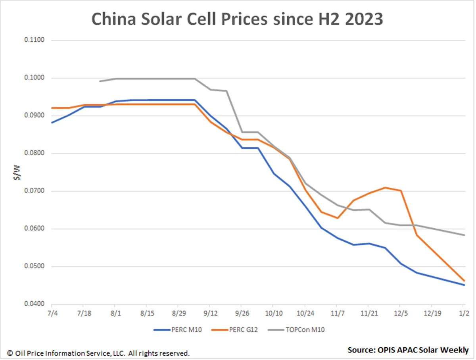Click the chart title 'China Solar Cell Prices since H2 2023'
(x=237, y=19)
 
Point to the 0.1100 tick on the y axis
(x=35, y=40)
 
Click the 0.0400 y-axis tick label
(x=35, y=304)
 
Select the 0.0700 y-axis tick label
(x=35, y=191)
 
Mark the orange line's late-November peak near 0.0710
(x=385, y=188)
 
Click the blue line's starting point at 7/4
(x=52, y=123)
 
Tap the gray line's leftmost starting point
(x=100, y=81)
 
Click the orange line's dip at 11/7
(x=337, y=218)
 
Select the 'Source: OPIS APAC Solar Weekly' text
(x=408, y=350)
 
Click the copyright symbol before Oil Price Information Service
(x=10, y=353)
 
